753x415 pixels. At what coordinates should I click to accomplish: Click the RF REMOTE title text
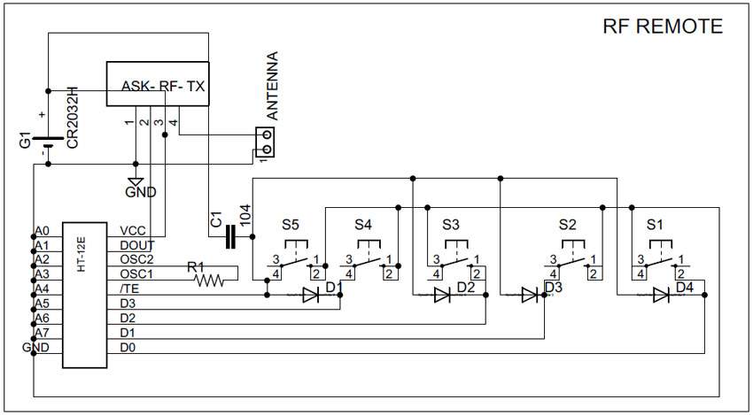pyautogui.click(x=662, y=27)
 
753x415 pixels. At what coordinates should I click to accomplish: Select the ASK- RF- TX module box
pyautogui.click(x=158, y=84)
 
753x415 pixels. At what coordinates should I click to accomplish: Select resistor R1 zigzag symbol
pyautogui.click(x=209, y=281)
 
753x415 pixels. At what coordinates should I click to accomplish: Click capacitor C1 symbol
pyautogui.click(x=230, y=235)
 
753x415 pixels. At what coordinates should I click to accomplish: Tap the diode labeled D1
pyautogui.click(x=311, y=295)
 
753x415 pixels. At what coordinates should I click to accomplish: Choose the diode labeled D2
pyautogui.click(x=442, y=295)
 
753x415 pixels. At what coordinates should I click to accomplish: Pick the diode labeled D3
pyautogui.click(x=530, y=295)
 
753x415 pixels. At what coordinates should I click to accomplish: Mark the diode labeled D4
pyautogui.click(x=661, y=295)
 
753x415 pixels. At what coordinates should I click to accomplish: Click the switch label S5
pyautogui.click(x=291, y=225)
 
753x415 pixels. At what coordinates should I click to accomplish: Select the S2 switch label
pyautogui.click(x=568, y=225)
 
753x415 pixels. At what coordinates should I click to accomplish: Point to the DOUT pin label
pyautogui.click(x=136, y=245)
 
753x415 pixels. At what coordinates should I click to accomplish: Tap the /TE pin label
pyautogui.click(x=129, y=288)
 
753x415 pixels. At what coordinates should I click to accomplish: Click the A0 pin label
pyautogui.click(x=41, y=231)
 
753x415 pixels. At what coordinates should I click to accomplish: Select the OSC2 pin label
pyautogui.click(x=136, y=259)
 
